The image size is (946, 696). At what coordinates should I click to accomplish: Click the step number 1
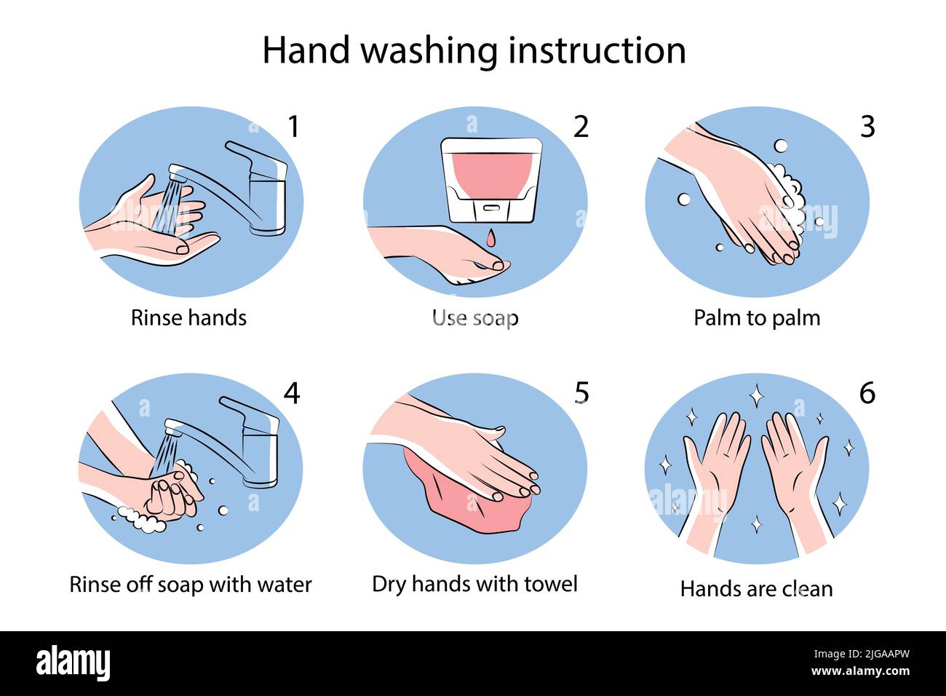click(293, 127)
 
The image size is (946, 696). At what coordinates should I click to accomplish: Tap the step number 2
click(580, 127)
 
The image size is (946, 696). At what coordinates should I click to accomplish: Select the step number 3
click(867, 127)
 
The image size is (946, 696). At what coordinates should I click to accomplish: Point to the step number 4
click(291, 393)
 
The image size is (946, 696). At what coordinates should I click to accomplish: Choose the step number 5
click(581, 393)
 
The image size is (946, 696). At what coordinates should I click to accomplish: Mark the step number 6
click(867, 393)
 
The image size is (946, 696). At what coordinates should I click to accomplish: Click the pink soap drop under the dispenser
click(491, 237)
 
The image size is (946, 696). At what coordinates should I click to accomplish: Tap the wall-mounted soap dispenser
click(491, 178)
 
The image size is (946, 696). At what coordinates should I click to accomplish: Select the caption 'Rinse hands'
click(188, 318)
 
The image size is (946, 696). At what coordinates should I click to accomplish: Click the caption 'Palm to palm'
click(757, 318)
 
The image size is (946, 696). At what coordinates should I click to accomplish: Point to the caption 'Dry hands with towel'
click(474, 584)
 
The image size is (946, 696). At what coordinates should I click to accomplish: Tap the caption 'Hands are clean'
click(756, 588)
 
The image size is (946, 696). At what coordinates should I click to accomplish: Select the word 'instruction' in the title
click(597, 51)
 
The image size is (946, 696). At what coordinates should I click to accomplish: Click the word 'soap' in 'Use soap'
click(495, 318)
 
